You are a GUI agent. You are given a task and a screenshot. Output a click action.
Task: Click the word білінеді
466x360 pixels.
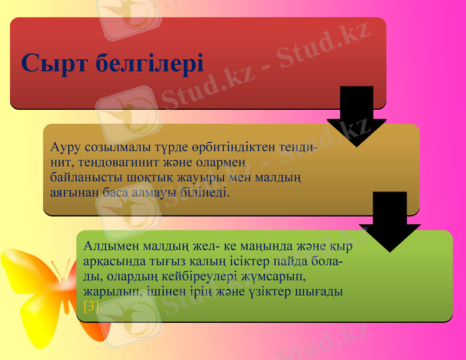click(203, 193)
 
